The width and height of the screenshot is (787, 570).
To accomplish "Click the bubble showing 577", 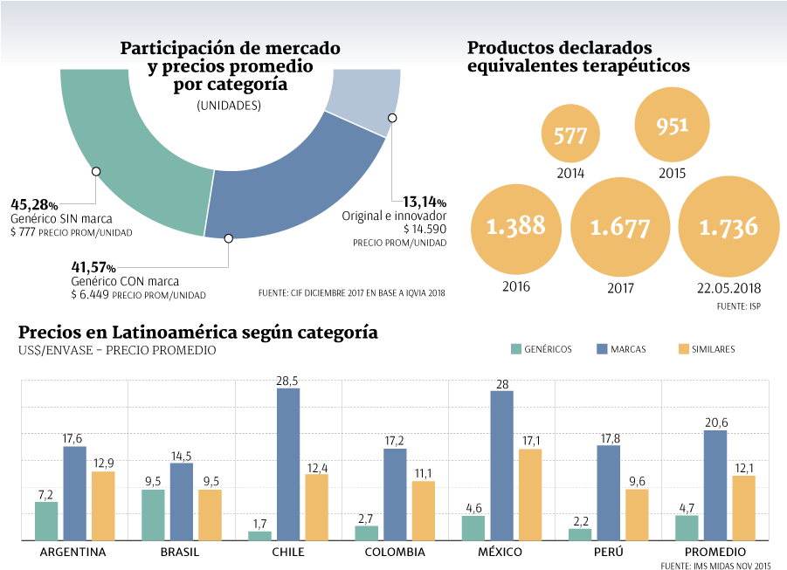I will tap(570, 135).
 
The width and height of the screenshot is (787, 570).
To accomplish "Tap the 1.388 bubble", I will tap(515, 227).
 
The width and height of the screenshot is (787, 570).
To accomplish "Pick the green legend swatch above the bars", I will tap(516, 349).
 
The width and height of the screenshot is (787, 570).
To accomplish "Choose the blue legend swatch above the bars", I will tap(602, 349).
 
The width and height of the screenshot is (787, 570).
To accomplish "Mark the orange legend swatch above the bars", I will tap(684, 349).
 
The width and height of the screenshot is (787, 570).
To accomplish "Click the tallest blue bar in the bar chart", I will tap(288, 464).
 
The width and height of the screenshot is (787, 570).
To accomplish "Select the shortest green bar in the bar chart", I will tap(259, 535).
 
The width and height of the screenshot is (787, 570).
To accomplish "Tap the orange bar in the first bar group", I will tap(103, 505).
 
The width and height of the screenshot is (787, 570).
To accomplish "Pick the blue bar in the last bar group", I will tap(715, 485).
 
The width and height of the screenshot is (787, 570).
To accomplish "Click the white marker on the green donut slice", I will tap(96, 171).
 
